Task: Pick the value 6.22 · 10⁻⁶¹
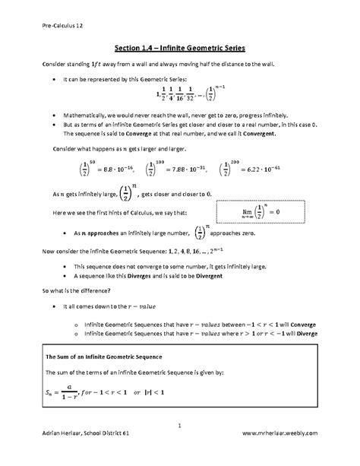click(267, 172)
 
